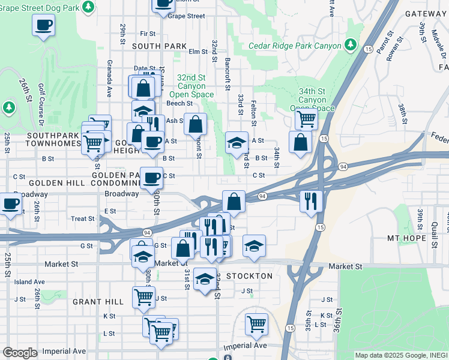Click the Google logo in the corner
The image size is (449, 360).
point(20,353)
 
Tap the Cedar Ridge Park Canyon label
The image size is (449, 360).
point(295,46)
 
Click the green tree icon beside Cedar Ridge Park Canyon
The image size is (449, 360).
point(350,45)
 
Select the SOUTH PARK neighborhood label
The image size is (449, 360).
point(160,46)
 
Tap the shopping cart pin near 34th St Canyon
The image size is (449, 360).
point(306,120)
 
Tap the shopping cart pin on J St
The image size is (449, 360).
point(143,296)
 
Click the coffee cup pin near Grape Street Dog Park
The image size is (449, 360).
point(43,25)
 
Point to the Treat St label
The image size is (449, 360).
point(83,219)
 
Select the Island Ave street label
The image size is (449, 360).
point(30,281)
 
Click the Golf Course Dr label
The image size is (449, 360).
point(42,103)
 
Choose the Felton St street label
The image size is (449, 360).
point(253,113)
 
